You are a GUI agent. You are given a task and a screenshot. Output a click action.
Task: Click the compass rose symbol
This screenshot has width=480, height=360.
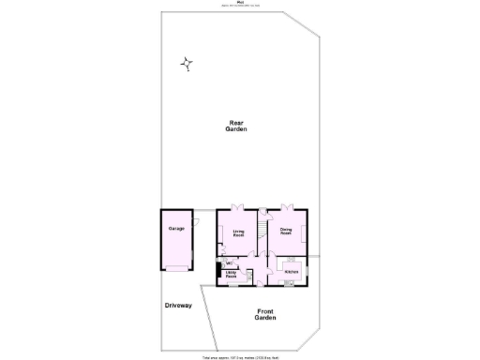[187, 64]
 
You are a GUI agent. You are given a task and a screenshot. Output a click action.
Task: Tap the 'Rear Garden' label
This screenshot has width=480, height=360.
[237, 127]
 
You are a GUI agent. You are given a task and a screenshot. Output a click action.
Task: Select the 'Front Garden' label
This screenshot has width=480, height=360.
[265, 314]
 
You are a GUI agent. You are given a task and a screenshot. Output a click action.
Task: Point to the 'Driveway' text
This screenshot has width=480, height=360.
[178, 306]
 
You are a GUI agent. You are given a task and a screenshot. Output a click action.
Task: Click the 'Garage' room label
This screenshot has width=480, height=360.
[175, 229]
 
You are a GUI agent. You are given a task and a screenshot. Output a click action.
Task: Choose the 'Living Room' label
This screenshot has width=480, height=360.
[239, 233]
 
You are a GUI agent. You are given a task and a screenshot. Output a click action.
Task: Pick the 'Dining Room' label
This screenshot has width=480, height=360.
[286, 230]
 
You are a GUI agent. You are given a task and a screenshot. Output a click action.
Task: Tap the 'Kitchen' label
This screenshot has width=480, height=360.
[291, 271]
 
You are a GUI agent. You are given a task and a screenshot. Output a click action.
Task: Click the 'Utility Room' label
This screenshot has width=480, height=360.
[231, 276]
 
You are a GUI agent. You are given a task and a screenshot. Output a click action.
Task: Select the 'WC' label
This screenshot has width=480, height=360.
[228, 262]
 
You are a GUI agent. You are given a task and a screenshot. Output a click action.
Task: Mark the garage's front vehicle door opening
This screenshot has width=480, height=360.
[175, 269]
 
